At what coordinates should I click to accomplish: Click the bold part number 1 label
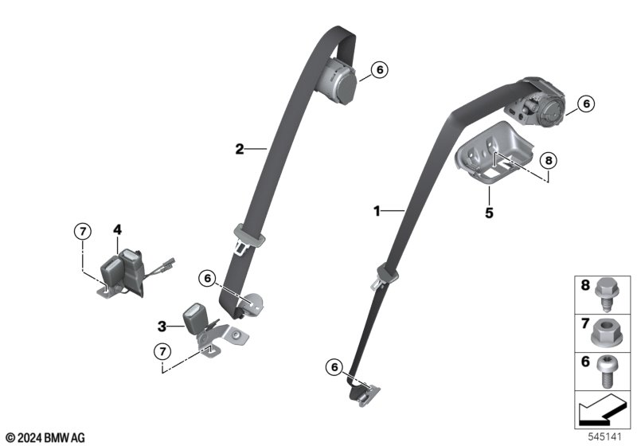[x=377, y=211]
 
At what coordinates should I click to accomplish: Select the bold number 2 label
[x=240, y=149]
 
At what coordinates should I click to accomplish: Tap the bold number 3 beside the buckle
[x=162, y=327]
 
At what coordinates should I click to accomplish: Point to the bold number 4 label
[x=117, y=230]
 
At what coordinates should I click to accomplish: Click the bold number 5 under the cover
[x=489, y=213]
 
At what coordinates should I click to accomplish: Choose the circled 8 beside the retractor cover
[x=549, y=161]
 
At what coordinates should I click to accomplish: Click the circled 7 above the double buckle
[x=83, y=232]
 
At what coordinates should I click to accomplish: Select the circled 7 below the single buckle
[x=162, y=351]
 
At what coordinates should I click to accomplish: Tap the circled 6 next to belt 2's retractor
[x=380, y=70]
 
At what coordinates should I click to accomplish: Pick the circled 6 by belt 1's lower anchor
[x=334, y=367]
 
